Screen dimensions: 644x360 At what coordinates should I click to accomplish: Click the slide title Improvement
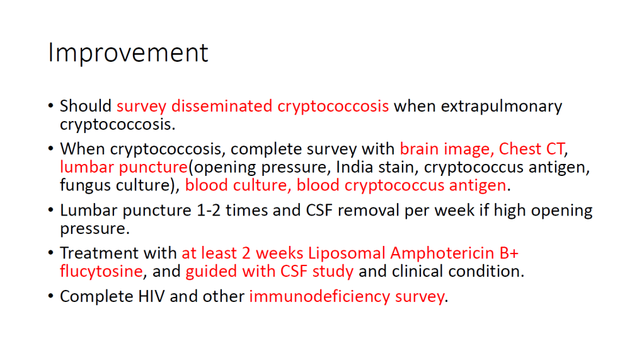click(128, 53)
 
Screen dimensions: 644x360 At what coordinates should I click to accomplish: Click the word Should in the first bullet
click(86, 106)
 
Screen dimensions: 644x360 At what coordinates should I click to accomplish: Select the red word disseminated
click(222, 106)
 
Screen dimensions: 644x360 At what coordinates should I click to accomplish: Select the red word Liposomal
click(347, 254)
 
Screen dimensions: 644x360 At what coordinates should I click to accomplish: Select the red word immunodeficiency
click(319, 297)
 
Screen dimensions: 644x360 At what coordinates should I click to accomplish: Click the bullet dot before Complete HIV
click(50, 296)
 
